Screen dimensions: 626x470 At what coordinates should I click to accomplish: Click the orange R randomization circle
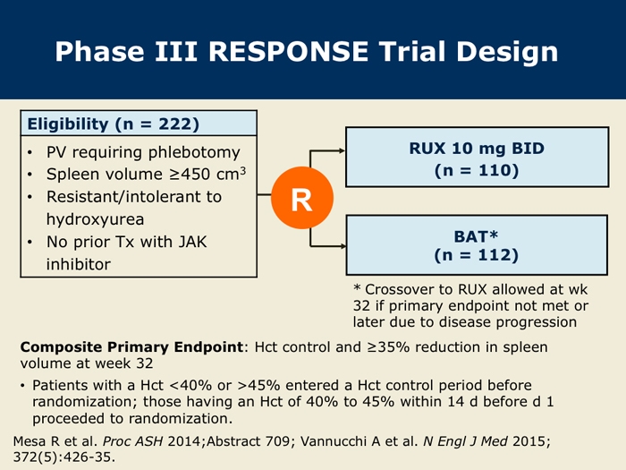pyautogui.click(x=302, y=198)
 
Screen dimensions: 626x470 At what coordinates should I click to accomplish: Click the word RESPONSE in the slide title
pyautogui.click(x=288, y=52)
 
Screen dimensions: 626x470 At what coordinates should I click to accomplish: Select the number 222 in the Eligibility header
pyautogui.click(x=175, y=124)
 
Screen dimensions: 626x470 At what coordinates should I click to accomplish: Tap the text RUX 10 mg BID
pyautogui.click(x=477, y=149)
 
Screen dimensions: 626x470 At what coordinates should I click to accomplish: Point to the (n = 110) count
pyautogui.click(x=477, y=170)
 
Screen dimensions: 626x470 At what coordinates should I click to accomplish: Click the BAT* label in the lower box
pyautogui.click(x=476, y=236)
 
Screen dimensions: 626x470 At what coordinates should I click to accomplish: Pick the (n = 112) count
pyautogui.click(x=477, y=255)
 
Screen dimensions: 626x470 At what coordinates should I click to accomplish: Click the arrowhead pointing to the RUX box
pyautogui.click(x=343, y=150)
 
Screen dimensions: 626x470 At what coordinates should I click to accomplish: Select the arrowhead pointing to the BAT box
pyautogui.click(x=343, y=246)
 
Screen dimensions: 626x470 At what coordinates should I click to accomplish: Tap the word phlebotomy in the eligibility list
pyautogui.click(x=194, y=153)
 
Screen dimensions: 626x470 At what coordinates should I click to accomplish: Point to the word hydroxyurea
pyautogui.click(x=95, y=219)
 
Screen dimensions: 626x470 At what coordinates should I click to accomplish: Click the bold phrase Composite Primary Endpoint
pyautogui.click(x=131, y=347)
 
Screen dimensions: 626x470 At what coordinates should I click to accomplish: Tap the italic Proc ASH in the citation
pyautogui.click(x=132, y=441)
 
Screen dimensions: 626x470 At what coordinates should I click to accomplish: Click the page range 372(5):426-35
pyautogui.click(x=63, y=457)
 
